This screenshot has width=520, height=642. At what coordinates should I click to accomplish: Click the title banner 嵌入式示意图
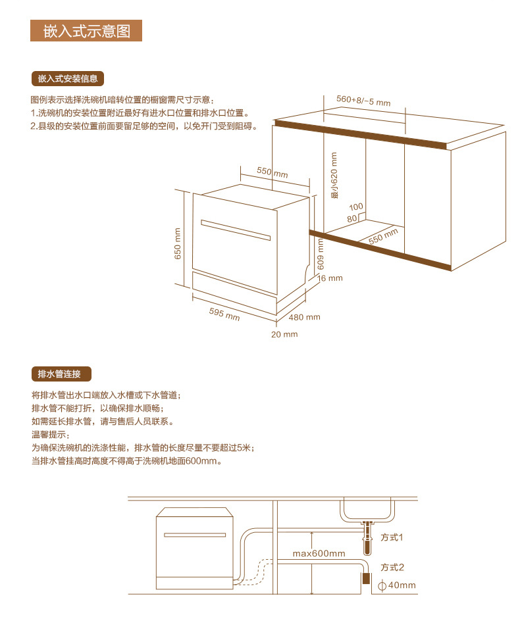point(86,31)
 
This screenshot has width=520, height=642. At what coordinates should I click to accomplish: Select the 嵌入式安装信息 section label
point(68,79)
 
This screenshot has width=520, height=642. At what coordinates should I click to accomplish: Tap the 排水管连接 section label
point(60,374)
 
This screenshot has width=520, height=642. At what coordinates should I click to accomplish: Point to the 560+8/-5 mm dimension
point(363,101)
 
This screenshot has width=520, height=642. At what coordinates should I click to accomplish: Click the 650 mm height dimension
point(177,243)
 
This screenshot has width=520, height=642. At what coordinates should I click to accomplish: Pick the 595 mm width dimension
point(224,314)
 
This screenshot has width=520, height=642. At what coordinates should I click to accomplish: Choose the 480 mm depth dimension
point(305,317)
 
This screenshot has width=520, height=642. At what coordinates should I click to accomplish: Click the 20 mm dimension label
point(284,334)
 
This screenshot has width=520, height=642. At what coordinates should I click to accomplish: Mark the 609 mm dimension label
point(321,254)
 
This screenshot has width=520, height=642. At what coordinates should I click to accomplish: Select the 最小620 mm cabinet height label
point(334,176)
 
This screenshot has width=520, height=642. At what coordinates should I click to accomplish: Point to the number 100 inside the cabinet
point(356,207)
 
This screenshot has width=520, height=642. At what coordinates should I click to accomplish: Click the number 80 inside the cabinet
point(352,218)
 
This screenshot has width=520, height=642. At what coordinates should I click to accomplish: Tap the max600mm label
point(319,553)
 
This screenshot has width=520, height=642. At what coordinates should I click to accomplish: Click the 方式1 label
point(392,537)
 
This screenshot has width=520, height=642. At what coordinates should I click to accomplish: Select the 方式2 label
point(392,567)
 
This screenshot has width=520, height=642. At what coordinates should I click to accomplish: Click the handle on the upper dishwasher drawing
point(235,230)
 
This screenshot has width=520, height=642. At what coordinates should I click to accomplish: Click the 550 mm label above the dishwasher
point(272,172)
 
